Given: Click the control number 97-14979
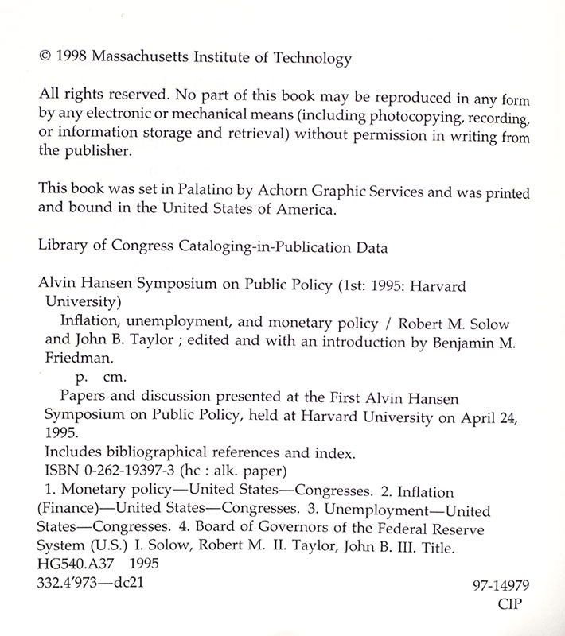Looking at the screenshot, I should click(501, 586).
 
